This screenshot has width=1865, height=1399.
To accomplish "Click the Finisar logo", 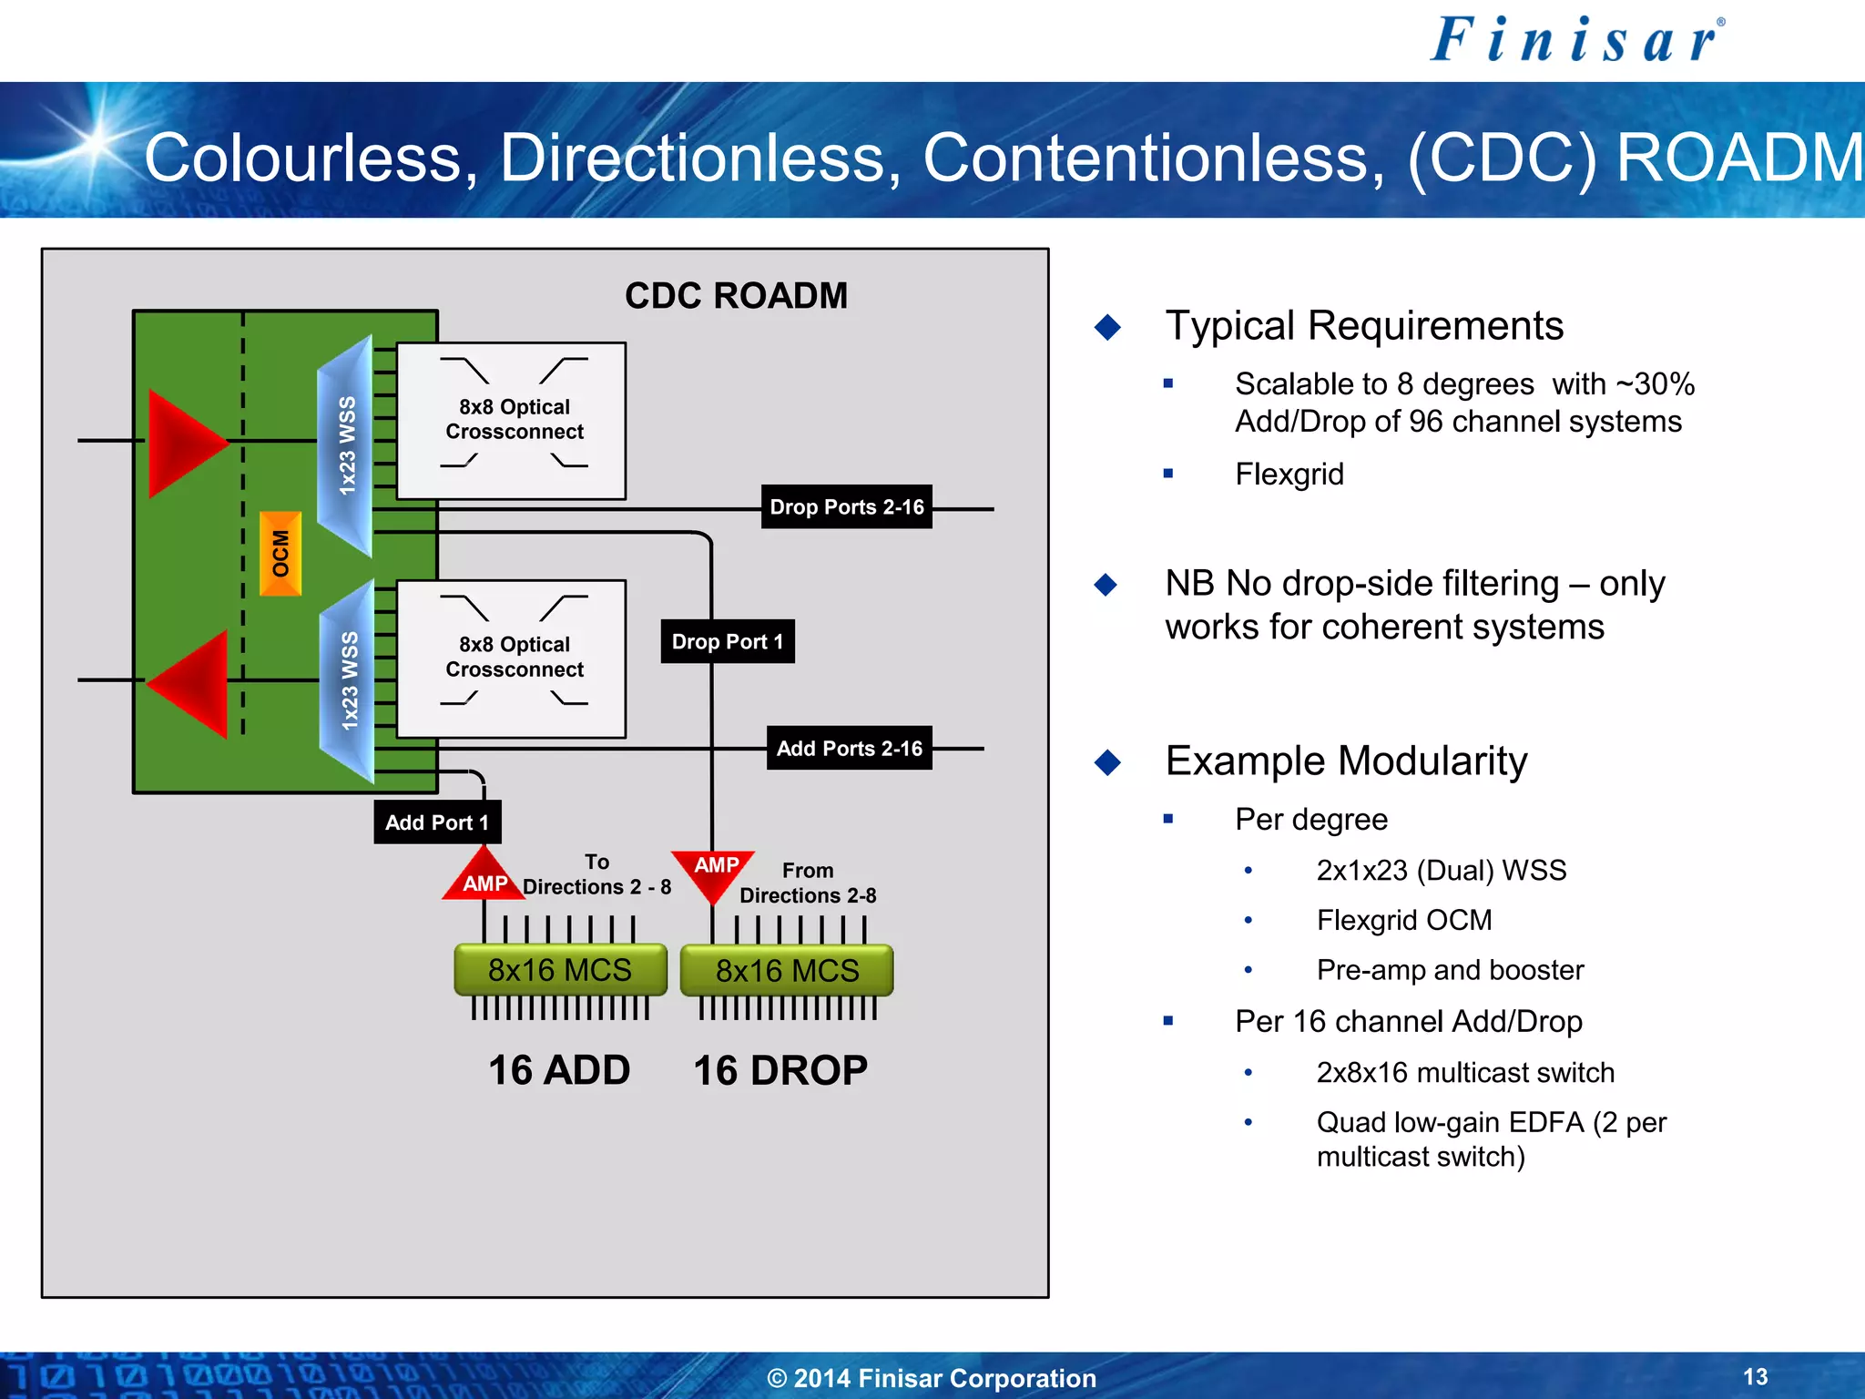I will (x=1576, y=41).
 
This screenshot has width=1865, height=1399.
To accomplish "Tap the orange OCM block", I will (x=280, y=554).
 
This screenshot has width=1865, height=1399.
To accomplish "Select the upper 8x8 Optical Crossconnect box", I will (x=512, y=420).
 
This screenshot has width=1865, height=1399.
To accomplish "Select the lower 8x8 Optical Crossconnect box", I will (x=512, y=658).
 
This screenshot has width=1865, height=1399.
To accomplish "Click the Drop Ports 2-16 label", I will (x=846, y=506).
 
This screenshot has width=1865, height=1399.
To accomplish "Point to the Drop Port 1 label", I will (x=727, y=641).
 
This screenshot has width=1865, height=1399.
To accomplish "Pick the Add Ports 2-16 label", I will (x=849, y=748).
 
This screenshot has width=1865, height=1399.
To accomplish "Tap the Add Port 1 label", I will (x=437, y=822).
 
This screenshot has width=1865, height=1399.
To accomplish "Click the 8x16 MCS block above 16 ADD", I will (x=560, y=970).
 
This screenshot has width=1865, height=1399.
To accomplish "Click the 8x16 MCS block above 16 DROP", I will (x=787, y=970).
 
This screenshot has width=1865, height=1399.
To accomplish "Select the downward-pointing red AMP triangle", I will (x=714, y=871).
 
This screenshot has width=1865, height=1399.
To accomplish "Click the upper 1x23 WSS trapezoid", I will (x=346, y=445).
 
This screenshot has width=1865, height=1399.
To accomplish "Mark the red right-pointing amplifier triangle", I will (x=183, y=443).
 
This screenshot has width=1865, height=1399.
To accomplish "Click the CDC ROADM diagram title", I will (x=736, y=296).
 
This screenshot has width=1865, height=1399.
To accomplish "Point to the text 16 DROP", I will (x=780, y=1070).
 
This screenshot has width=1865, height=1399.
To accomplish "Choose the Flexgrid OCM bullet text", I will (x=1403, y=920).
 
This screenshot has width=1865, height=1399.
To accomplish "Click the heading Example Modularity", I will (x=1346, y=761).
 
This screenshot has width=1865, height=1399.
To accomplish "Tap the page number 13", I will (x=1755, y=1376).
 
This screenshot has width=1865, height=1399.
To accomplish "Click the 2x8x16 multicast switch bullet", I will (x=1464, y=1072).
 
